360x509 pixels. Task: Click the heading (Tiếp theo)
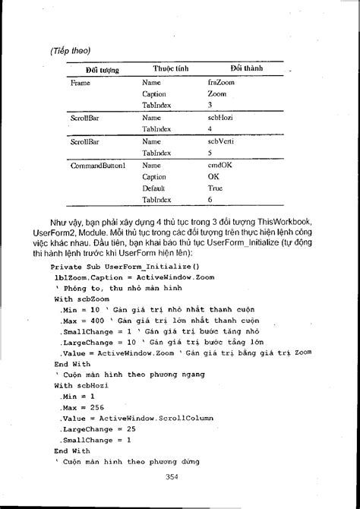pyautogui.click(x=71, y=51)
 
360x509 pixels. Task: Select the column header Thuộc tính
pyautogui.click(x=170, y=69)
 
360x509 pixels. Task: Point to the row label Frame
pyautogui.click(x=81, y=82)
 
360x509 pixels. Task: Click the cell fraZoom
pyautogui.click(x=221, y=82)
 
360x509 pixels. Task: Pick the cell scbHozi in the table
pyautogui.click(x=220, y=117)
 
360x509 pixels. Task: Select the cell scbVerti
pyautogui.click(x=221, y=141)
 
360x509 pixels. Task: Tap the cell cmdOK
pyautogui.click(x=219, y=164)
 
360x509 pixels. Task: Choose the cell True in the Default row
pyautogui.click(x=215, y=187)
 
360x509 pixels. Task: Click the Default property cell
pyautogui.click(x=153, y=187)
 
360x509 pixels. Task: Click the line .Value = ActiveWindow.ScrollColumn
pyautogui.click(x=137, y=418)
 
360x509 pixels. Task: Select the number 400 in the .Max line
pyautogui.click(x=98, y=321)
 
